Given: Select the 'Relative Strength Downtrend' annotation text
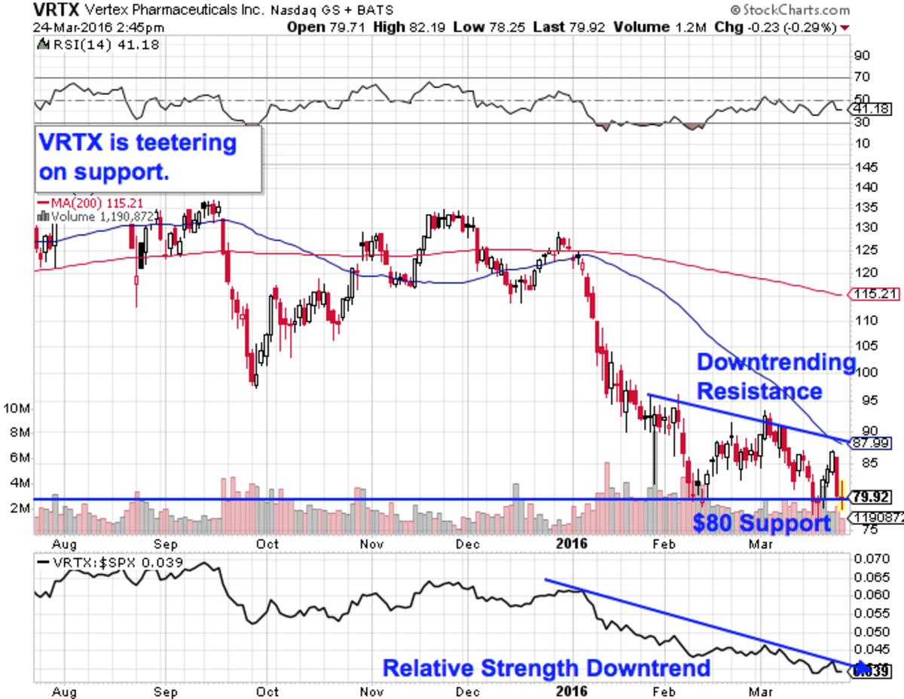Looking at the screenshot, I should pos(546,668).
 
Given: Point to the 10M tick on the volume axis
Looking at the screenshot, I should pos(17,409).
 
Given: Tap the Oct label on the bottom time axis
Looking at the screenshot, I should pos(267,691).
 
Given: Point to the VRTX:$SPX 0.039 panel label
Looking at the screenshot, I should pos(98,561).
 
